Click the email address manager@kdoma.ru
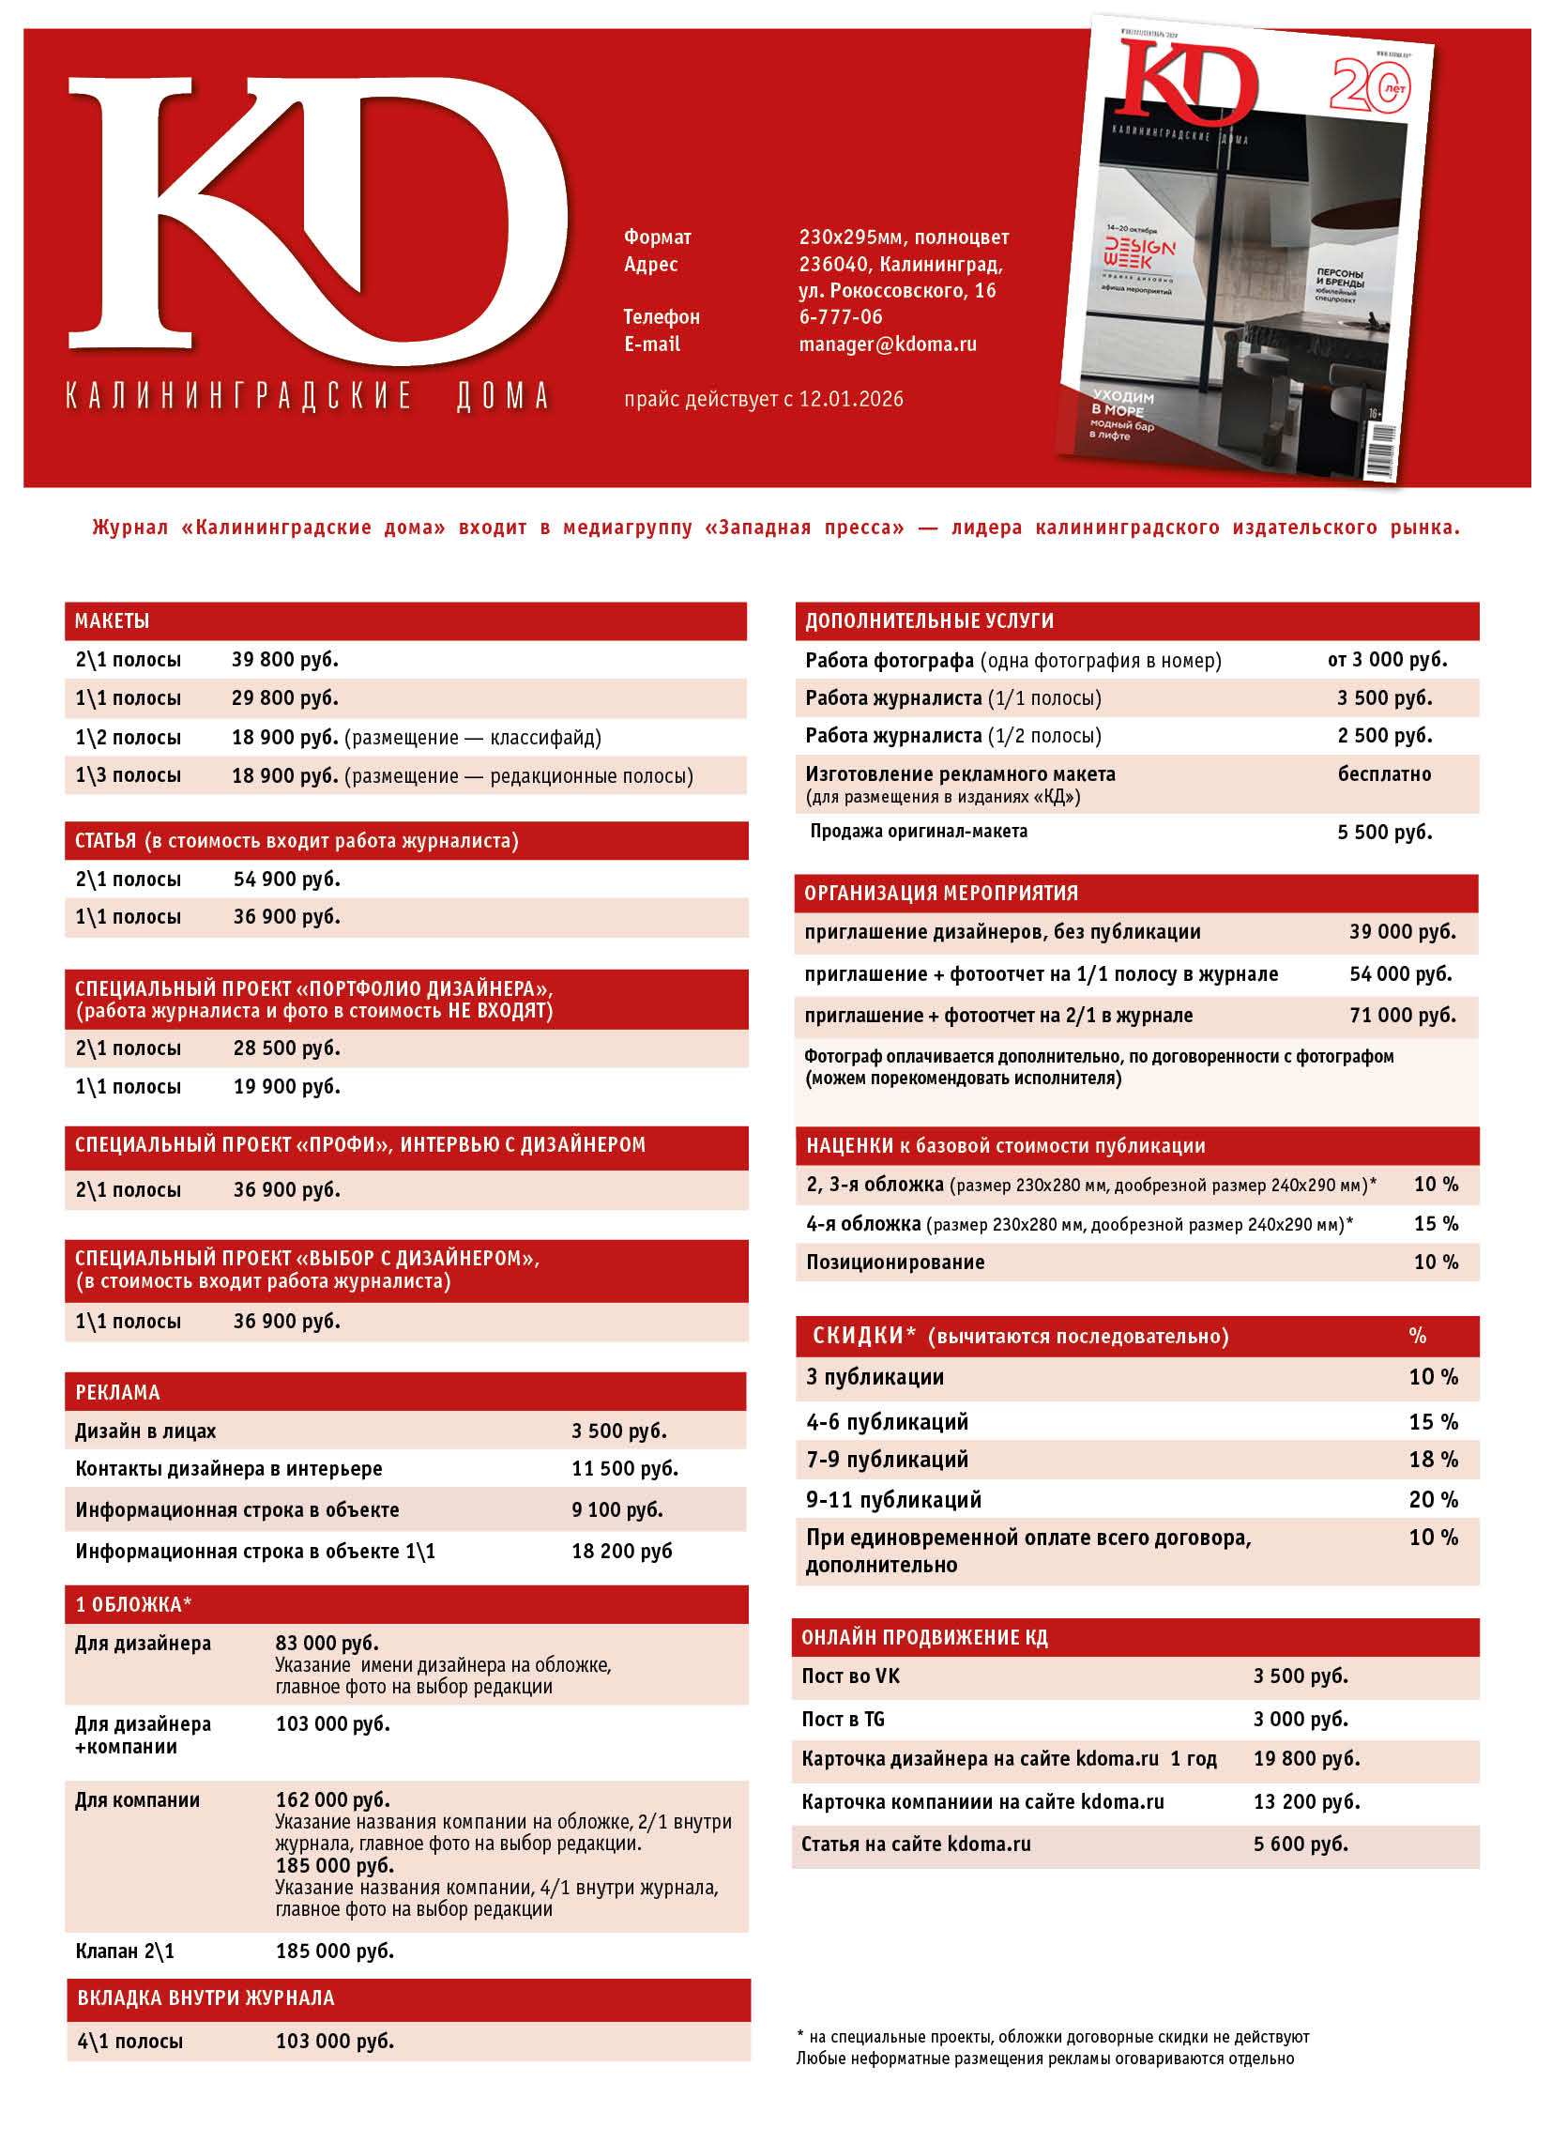coord(887,344)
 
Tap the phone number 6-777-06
coord(840,316)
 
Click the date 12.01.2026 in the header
coord(850,399)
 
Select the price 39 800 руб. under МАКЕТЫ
coord(284,660)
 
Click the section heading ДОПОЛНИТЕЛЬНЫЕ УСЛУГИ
coord(929,620)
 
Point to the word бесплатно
coord(1383,773)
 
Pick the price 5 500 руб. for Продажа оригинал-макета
coord(1384,832)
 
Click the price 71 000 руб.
coord(1402,1015)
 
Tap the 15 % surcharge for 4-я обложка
coord(1435,1224)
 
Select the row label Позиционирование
coord(894,1263)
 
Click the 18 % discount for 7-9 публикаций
coord(1432,1460)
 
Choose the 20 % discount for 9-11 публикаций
coord(1432,1499)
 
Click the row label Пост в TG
coord(843,1719)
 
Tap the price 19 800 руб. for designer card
coord(1305,1758)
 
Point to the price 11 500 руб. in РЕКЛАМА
coord(623,1468)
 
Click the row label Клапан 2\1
coord(125,1952)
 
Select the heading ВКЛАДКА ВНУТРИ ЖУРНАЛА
coord(205,1998)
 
